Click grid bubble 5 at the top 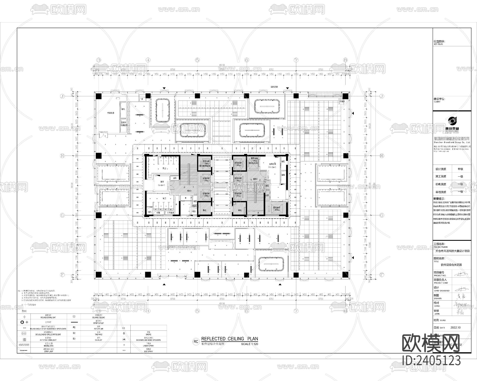(x=197, y=60)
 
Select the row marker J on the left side (x=63, y=96)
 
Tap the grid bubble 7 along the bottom (x=296, y=311)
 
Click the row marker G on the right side (x=382, y=215)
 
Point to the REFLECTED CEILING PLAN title (x=229, y=339)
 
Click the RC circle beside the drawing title (x=196, y=342)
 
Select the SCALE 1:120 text (x=249, y=344)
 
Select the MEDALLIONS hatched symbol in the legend (x=24, y=345)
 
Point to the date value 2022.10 (x=455, y=328)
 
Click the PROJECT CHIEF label (x=441, y=283)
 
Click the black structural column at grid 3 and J (x=99, y=96)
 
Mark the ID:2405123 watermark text (x=431, y=360)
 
